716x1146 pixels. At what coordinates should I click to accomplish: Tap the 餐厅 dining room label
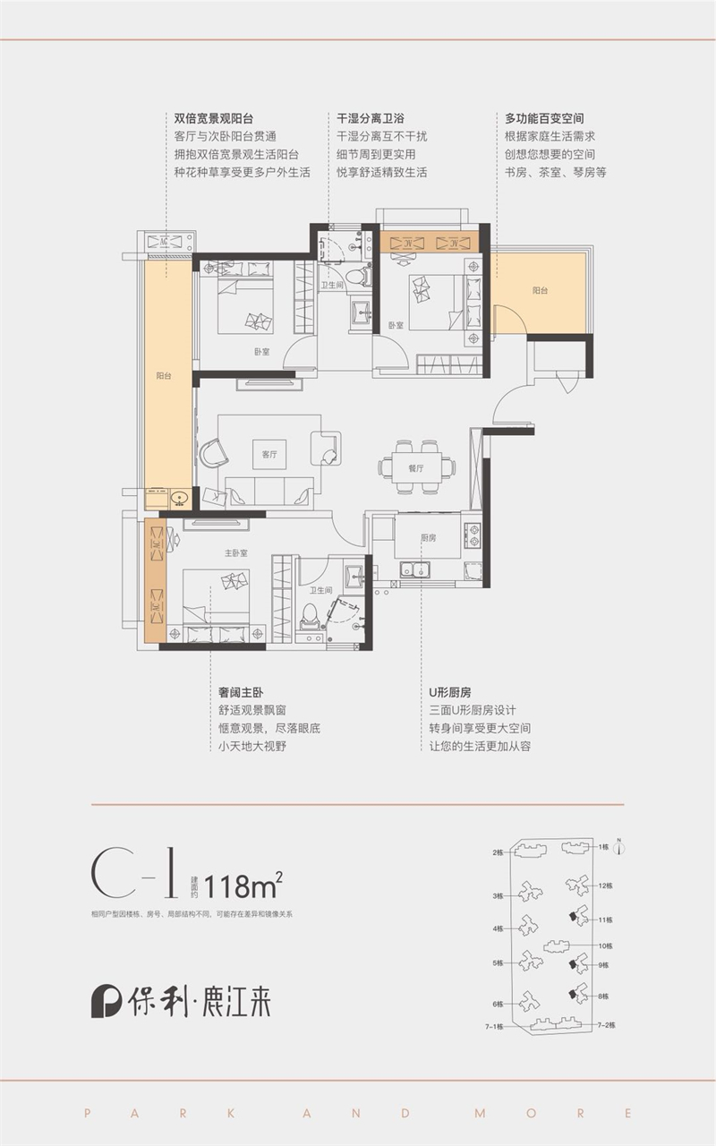pos(416,468)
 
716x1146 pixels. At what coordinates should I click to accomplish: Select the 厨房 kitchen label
pos(429,538)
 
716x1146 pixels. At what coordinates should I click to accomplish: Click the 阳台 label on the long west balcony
pos(163,377)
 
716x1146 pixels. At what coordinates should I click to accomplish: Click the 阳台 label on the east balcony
pos(540,290)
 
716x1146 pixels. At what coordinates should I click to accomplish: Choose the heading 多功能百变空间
pos(544,118)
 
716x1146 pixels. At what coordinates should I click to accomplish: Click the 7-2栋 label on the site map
pos(607,1025)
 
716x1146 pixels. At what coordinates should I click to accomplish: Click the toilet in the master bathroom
pos(311,616)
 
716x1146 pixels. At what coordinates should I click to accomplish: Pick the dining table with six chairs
pos(417,466)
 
